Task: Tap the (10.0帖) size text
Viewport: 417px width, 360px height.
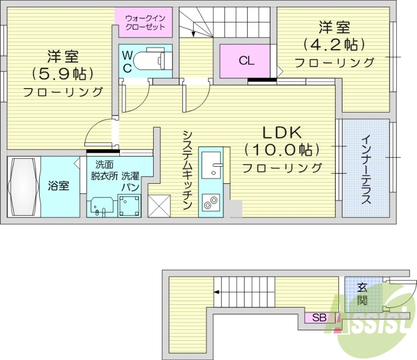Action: (282, 150)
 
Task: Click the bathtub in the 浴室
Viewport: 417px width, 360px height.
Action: (23, 186)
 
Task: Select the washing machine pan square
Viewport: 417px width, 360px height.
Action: (129, 205)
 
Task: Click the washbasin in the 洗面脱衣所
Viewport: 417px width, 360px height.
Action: (101, 205)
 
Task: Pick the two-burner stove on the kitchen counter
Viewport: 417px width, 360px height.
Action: (210, 202)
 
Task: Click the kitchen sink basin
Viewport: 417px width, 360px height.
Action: (211, 167)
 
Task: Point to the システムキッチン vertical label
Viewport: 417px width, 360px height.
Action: (188, 169)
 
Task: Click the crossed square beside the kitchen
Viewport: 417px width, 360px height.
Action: (159, 205)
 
